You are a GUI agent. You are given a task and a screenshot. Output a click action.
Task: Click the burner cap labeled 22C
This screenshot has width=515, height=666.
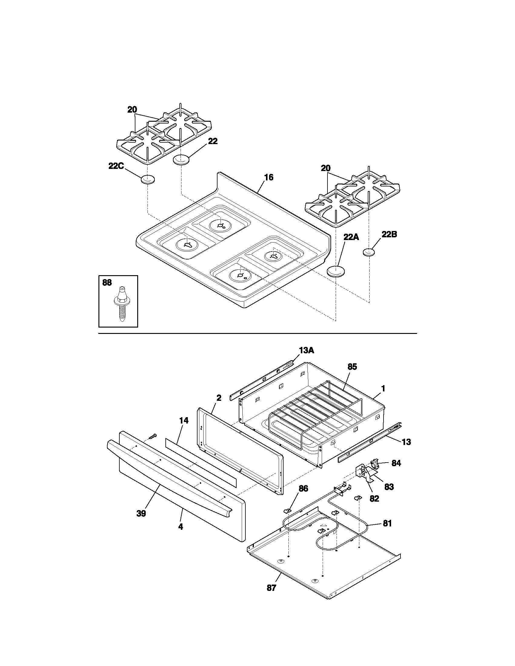(x=147, y=180)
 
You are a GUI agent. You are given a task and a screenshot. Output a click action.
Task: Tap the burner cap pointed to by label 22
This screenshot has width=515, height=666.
(x=181, y=160)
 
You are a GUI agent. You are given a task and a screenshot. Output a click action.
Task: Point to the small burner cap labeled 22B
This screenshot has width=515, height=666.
(x=369, y=252)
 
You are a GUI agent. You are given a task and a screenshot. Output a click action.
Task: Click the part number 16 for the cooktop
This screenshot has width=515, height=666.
(x=268, y=177)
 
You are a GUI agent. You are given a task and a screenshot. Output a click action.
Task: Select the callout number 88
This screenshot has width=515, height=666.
(x=107, y=283)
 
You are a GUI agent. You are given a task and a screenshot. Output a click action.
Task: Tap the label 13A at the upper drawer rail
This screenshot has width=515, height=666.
(x=306, y=351)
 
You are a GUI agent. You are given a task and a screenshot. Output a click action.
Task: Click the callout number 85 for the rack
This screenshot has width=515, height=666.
(x=352, y=367)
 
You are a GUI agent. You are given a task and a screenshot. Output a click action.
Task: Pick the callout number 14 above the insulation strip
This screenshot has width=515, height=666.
(x=184, y=420)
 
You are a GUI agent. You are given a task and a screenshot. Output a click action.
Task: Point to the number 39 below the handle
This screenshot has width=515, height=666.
(x=141, y=513)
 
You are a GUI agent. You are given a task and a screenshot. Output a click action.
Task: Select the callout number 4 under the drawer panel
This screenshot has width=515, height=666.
(x=181, y=527)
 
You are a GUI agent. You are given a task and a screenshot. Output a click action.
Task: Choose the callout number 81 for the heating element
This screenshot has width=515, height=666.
(x=387, y=524)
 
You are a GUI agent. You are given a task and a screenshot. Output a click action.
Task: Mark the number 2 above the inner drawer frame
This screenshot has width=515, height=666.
(x=219, y=398)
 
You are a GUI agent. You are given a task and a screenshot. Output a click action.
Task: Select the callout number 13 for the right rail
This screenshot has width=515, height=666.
(x=406, y=442)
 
